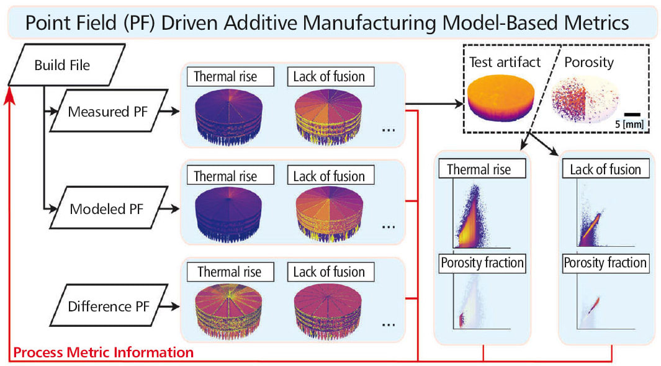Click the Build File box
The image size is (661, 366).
click(61, 65)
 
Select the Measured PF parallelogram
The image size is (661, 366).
click(104, 112)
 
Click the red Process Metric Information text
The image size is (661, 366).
click(103, 353)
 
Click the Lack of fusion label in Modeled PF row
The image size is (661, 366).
click(330, 176)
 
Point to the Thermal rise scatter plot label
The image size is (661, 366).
click(482, 169)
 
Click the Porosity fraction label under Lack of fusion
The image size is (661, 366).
click(605, 263)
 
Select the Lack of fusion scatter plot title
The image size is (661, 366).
click(605, 169)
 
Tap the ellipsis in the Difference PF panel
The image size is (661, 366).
click(389, 323)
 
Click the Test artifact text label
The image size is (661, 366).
click(504, 62)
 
